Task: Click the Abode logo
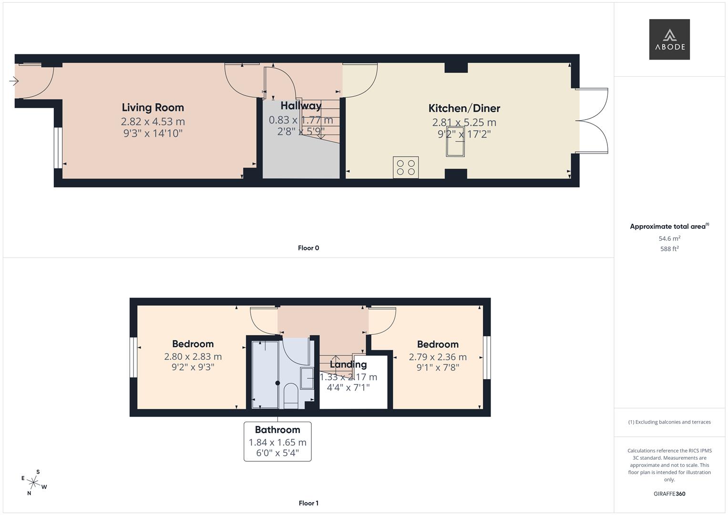(669, 40)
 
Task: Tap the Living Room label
(153, 108)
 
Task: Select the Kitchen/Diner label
(464, 108)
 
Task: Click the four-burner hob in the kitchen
(406, 167)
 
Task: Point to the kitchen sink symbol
(455, 142)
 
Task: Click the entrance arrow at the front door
(14, 82)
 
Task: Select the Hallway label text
(301, 106)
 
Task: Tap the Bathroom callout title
(277, 430)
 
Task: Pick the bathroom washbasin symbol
(307, 378)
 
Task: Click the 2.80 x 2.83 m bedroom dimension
(193, 357)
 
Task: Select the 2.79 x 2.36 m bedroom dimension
(438, 357)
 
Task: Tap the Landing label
(349, 365)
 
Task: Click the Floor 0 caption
(308, 248)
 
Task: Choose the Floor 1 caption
(308, 503)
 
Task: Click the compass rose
(34, 483)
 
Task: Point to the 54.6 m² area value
(669, 238)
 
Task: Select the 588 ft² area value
(669, 249)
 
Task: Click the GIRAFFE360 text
(669, 494)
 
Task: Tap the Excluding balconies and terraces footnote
(669, 422)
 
